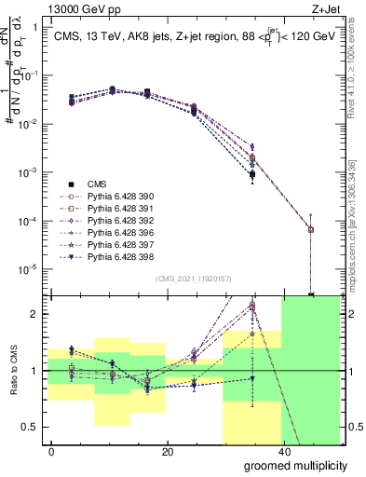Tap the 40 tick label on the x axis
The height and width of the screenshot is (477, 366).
click(281, 451)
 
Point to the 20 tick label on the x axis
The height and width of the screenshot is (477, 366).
click(167, 451)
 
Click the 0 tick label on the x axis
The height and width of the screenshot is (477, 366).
click(52, 451)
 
